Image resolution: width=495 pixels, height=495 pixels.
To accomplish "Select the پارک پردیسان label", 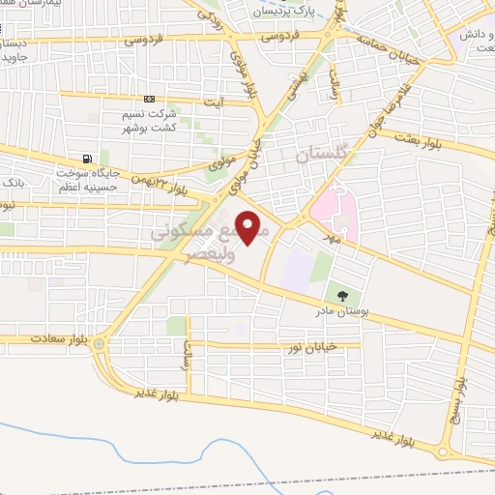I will tap(286, 12).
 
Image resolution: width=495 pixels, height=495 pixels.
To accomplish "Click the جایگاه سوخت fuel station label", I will tap(85, 175).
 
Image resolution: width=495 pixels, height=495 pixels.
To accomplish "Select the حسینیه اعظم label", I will tap(84, 187).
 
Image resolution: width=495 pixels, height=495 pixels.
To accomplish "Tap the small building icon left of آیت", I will tap(148, 99).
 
